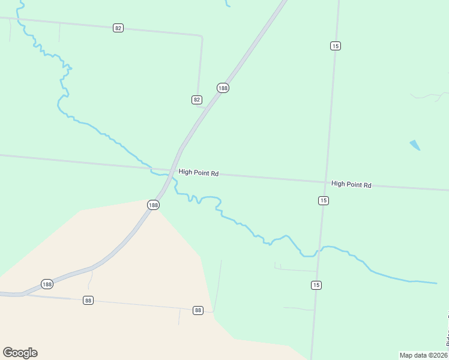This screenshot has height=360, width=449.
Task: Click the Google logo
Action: tap(20, 352)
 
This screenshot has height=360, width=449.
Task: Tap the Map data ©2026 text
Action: tap(423, 355)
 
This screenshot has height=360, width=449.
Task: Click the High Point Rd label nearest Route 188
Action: tap(198, 172)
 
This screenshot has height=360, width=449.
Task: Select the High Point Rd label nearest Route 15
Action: tap(351, 184)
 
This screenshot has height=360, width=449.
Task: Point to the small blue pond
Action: tap(415, 145)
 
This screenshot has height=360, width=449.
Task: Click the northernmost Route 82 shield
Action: tap(118, 28)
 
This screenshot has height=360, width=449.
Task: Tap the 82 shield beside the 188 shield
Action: tap(197, 100)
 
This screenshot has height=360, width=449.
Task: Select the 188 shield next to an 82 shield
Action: tap(223, 88)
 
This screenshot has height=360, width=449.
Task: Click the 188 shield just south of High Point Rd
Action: tap(153, 205)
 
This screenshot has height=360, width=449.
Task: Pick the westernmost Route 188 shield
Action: tap(47, 283)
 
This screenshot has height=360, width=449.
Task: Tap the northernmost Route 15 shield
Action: tap(335, 46)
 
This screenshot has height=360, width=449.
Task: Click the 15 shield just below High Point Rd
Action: tap(324, 200)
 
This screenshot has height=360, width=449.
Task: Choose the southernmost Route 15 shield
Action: tap(316, 285)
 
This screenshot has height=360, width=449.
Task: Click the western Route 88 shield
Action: tap(88, 300)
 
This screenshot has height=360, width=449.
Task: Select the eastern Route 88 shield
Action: tap(198, 310)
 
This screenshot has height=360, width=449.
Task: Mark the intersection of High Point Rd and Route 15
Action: tap(326, 181)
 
